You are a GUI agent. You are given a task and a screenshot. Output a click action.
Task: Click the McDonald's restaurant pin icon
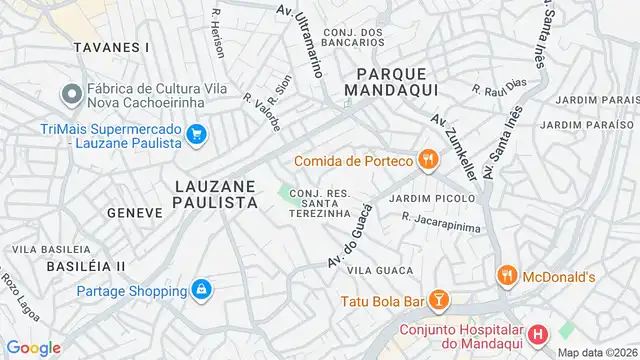(507, 275)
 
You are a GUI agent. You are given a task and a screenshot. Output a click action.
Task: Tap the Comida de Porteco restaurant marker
(427, 159)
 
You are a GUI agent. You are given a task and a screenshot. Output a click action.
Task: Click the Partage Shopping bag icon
(202, 290)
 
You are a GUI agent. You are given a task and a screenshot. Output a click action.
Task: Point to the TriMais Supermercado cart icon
(197, 132)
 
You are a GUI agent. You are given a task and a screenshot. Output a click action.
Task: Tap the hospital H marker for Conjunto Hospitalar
(538, 335)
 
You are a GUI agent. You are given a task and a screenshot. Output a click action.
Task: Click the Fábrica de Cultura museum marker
(71, 94)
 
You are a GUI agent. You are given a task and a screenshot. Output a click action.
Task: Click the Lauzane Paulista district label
(217, 194)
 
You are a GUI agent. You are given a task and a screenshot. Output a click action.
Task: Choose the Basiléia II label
(85, 266)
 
